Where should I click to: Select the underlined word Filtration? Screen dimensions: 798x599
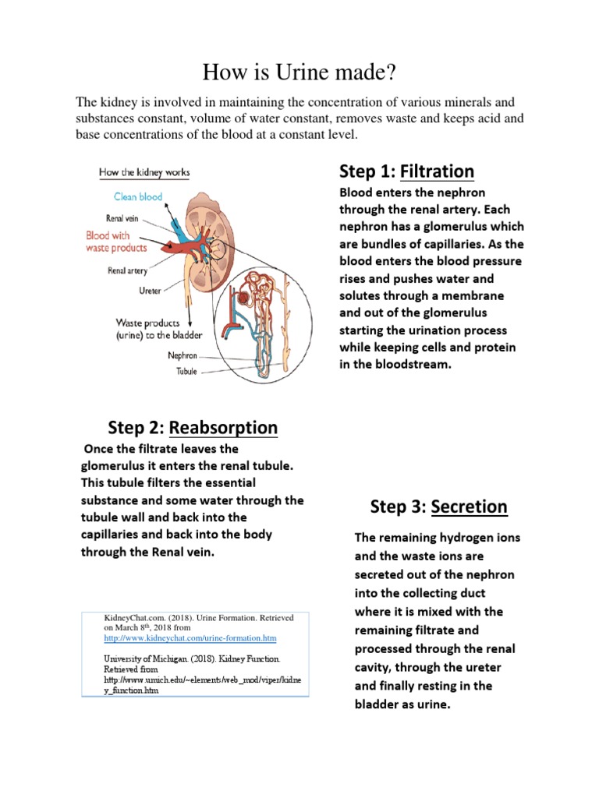point(437,171)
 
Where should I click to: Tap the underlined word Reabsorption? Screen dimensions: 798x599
point(223,428)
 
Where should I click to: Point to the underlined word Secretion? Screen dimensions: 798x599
point(470,507)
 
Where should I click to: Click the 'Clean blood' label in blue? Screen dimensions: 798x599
point(138,196)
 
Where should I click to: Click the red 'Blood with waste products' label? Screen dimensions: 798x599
point(116,241)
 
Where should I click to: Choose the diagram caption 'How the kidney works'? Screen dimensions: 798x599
point(144,171)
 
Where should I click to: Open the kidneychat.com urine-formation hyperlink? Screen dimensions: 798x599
point(190,637)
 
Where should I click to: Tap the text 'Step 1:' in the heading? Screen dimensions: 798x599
point(367,171)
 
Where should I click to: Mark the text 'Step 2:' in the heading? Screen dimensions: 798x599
point(136,428)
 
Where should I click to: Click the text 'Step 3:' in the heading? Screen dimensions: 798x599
point(399,507)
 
